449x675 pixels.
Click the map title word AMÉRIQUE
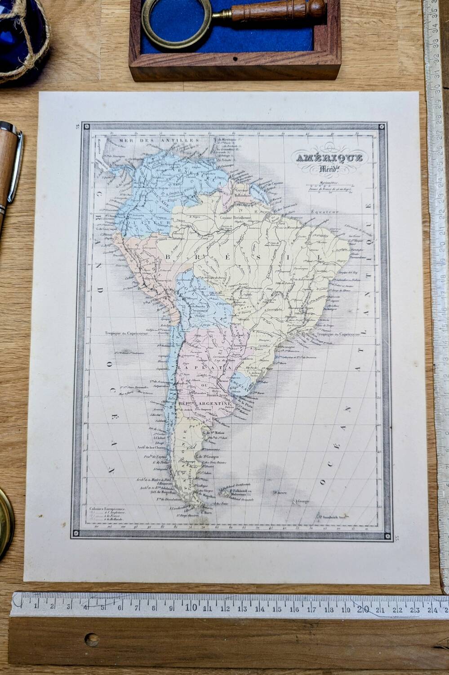coord(329,158)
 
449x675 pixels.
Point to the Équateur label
coord(324,211)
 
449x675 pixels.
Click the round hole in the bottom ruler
coord(92,639)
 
